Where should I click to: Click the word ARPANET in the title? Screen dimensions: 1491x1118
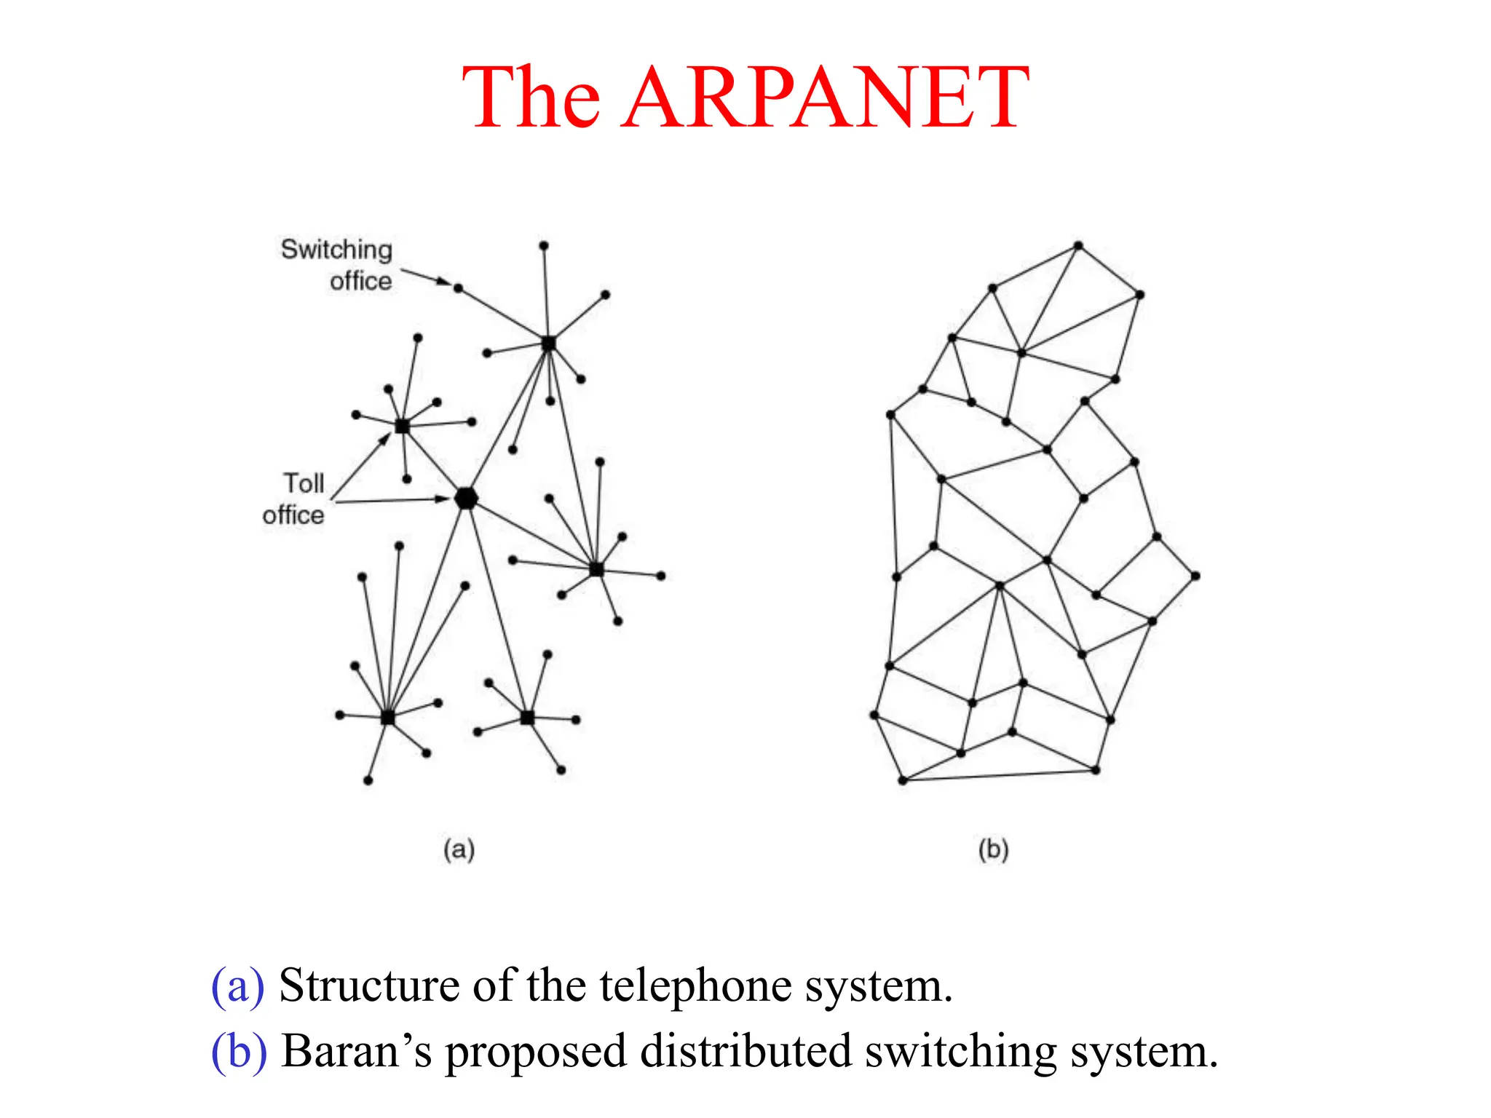point(826,98)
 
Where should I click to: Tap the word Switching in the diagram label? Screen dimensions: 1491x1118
point(336,250)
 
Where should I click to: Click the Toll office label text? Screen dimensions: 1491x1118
point(295,499)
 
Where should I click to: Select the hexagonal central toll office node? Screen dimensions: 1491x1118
point(466,499)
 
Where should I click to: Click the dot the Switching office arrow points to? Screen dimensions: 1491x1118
point(458,289)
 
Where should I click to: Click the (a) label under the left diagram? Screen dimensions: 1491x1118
point(459,849)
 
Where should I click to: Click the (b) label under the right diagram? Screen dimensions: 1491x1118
point(993,849)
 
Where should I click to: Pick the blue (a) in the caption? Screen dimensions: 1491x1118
point(237,986)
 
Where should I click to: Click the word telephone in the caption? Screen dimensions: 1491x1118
point(695,986)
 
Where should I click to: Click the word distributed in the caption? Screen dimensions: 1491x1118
point(745,1052)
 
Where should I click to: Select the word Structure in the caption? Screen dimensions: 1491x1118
point(371,986)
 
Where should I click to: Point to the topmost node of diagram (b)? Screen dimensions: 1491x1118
point(1078,246)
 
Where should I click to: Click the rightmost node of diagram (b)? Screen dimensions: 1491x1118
point(1195,576)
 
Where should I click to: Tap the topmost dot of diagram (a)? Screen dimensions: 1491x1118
point(544,246)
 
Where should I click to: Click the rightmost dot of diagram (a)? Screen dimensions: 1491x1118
point(661,576)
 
